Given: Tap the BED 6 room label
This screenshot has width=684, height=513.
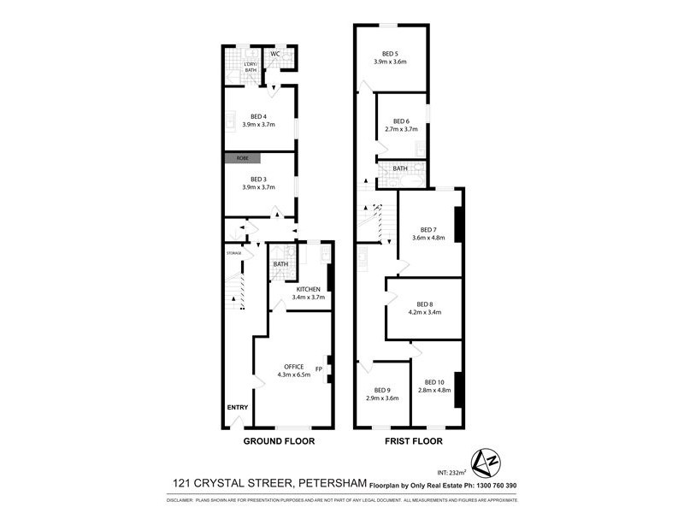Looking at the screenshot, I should point(401,121).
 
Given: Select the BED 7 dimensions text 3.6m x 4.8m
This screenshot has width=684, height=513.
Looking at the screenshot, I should point(428,238).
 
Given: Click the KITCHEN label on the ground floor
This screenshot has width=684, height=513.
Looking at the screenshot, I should point(309,288).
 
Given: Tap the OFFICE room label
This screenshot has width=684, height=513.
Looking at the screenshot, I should point(293,366).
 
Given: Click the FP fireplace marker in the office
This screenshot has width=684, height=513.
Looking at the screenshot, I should point(318,369).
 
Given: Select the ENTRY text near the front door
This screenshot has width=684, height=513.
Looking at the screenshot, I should point(237,407).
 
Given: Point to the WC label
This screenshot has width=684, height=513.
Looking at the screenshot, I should point(275,54).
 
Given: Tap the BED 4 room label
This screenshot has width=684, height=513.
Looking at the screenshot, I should point(259,116).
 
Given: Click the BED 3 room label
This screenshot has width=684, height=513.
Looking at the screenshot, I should point(259,178).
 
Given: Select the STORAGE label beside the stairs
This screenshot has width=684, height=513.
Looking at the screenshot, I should point(234,253).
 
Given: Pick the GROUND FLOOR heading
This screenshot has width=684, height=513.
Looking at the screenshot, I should point(279,442).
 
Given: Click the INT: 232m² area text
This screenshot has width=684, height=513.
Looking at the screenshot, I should point(451,472).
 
